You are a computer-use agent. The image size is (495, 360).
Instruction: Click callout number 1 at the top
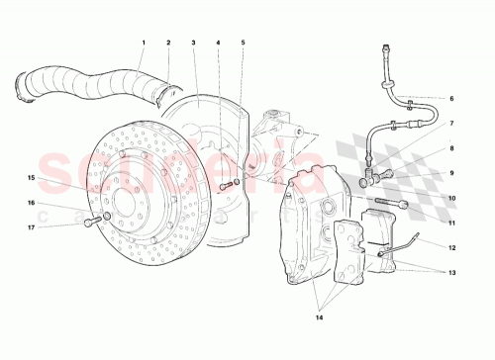pos(144,43)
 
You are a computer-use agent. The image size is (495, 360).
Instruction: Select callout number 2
pos(168,43)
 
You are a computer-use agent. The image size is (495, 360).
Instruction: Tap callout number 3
pos(193,43)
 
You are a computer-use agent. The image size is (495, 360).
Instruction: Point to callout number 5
pos(243,43)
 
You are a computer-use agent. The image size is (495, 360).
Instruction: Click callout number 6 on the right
pos(450,99)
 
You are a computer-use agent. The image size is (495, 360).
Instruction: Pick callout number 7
pos(450,124)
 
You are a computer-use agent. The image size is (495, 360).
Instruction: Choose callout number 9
pos(450,173)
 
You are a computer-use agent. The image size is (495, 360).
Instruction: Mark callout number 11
pos(450,223)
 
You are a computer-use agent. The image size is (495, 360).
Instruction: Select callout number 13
pos(450,272)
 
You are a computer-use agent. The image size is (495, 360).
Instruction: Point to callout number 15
pos(32,178)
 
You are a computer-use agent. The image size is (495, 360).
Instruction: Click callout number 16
pos(32,203)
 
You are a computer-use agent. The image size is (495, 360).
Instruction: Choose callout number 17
pos(32,227)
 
